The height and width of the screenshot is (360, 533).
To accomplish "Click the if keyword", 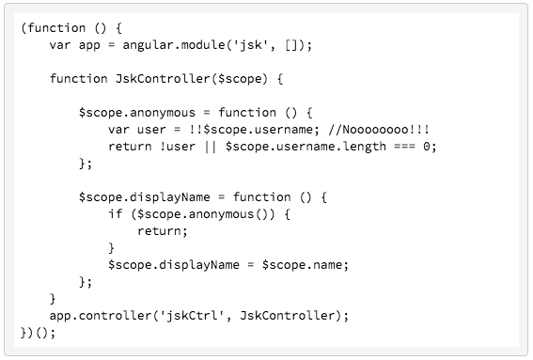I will tap(115, 213).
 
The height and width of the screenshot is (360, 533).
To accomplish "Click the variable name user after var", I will tap(154, 129).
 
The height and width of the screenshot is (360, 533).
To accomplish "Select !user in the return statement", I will tap(173, 146).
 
